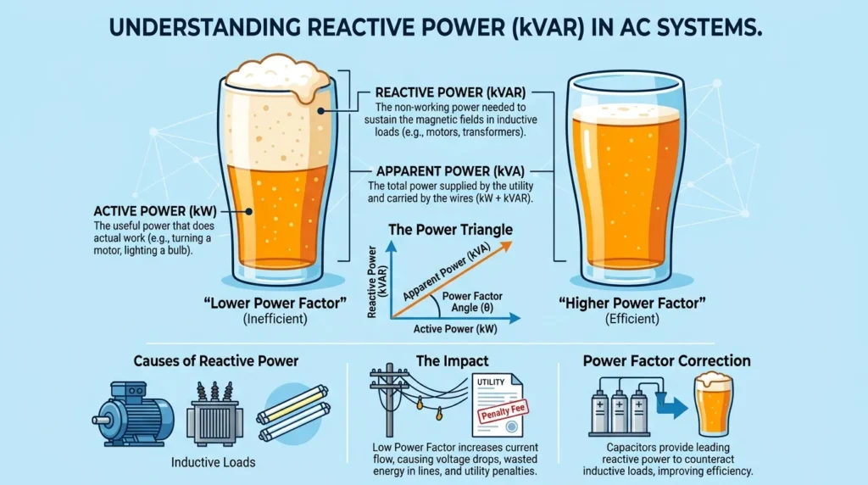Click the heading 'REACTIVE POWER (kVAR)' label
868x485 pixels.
(450, 92)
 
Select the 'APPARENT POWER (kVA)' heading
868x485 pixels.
(450, 171)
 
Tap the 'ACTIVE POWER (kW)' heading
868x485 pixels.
(155, 211)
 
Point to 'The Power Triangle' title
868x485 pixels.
(450, 229)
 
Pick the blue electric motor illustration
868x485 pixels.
(133, 414)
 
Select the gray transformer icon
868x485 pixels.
(214, 415)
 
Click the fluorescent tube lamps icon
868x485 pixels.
(293, 412)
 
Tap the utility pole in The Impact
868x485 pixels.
(390, 399)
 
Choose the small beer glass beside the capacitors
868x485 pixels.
(714, 404)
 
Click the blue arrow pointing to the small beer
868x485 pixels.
(671, 407)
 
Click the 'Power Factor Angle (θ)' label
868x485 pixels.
(472, 303)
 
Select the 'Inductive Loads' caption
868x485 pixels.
(213, 462)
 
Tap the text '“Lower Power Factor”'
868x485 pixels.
(275, 303)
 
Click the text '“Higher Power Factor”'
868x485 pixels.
(632, 303)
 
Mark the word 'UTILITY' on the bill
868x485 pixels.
(491, 382)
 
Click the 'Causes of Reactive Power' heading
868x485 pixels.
(216, 361)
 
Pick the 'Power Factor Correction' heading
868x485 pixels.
(666, 361)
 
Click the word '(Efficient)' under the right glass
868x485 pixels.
(632, 320)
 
